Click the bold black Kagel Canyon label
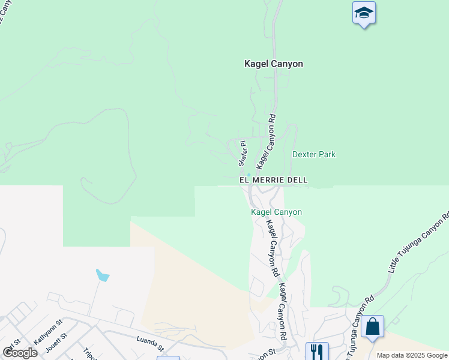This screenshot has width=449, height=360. pyautogui.click(x=273, y=64)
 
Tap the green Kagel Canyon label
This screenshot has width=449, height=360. pyautogui.click(x=276, y=212)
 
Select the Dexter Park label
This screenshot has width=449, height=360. pyautogui.click(x=313, y=155)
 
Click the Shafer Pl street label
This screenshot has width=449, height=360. pyautogui.click(x=243, y=154)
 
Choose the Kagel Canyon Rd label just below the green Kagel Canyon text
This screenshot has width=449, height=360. pyautogui.click(x=273, y=247)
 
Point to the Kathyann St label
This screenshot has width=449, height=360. pyautogui.click(x=48, y=331)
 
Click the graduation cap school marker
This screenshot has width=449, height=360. pyautogui.click(x=363, y=13)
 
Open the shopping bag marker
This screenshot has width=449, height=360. pyautogui.click(x=372, y=327)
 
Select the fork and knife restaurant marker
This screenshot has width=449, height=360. pyautogui.click(x=317, y=351)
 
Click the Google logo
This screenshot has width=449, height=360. pyautogui.click(x=19, y=353)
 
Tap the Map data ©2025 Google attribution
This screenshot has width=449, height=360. pyautogui.click(x=411, y=355)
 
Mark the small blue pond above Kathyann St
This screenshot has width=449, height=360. pyautogui.click(x=103, y=275)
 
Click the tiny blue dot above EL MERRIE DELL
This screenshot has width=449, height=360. pyautogui.click(x=249, y=175)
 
